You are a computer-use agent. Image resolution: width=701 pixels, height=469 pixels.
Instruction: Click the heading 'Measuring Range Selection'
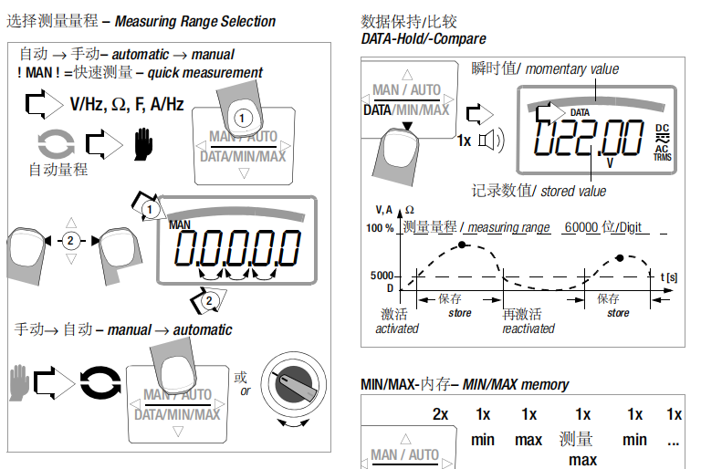pos(194,21)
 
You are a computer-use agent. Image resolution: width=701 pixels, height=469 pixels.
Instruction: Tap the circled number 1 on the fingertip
pos(241,118)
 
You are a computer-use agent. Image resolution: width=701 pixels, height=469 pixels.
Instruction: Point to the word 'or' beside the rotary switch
pos(244,391)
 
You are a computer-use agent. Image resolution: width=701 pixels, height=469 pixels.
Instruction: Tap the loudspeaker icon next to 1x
pos(491,140)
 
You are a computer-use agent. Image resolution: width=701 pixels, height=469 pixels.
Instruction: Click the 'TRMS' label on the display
pos(662,157)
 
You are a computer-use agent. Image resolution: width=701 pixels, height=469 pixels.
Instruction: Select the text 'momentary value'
pos(571,68)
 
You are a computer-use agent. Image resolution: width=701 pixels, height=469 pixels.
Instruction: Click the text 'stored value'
pos(572,191)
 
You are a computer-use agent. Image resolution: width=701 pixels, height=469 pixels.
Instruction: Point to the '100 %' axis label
pos(381,228)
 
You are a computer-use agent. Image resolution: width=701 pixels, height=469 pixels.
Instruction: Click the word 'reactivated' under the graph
pos(528,328)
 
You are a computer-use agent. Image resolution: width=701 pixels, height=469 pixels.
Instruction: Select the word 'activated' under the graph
pos(397,328)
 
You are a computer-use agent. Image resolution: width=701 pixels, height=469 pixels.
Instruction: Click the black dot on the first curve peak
pos(462,245)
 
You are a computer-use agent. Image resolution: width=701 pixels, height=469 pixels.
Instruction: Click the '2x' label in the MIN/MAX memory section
pos(441,414)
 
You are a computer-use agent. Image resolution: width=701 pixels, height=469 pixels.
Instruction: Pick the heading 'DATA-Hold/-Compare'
pos(424,38)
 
